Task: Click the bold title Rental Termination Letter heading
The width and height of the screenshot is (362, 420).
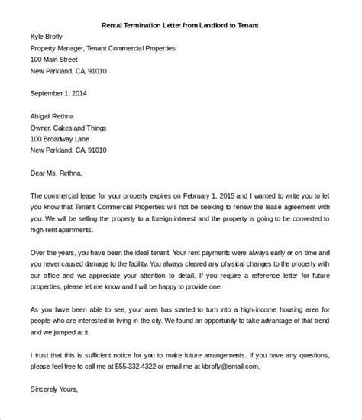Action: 180,24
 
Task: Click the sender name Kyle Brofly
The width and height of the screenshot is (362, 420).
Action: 49,36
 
